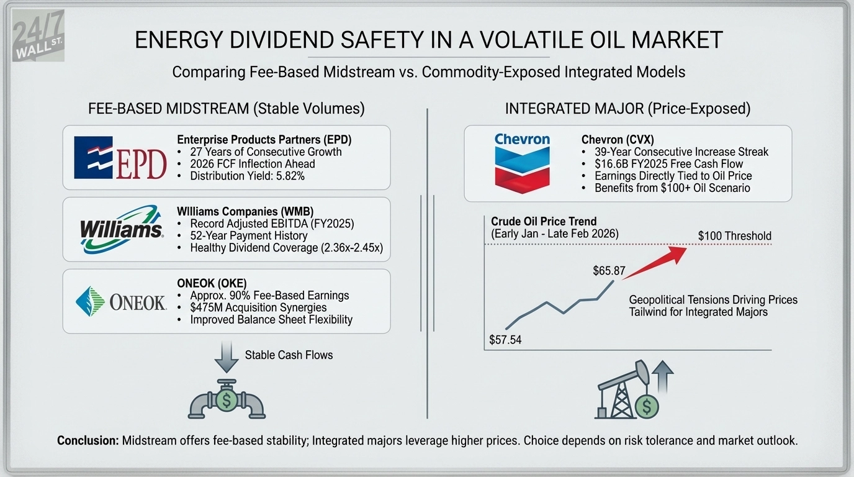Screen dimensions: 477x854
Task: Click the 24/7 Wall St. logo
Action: click(38, 39)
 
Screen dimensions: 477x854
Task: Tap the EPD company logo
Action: click(120, 158)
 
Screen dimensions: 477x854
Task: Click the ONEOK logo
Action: click(121, 302)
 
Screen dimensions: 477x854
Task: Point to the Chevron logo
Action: click(522, 163)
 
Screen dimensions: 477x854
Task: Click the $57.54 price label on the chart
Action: click(505, 340)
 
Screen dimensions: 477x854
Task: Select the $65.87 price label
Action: click(609, 271)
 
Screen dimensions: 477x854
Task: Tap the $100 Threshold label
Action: click(734, 236)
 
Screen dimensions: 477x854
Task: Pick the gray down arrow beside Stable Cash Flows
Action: click(227, 356)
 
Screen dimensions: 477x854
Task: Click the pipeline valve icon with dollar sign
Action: click(227, 399)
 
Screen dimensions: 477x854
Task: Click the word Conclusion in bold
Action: click(88, 440)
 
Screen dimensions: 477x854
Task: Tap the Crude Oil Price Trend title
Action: click(544, 222)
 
